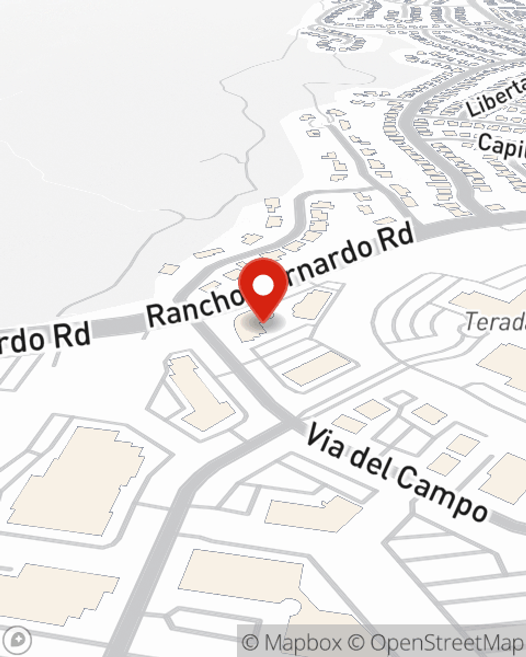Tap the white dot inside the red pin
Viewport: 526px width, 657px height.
[x=264, y=285]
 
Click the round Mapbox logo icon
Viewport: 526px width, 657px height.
[x=20, y=640]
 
